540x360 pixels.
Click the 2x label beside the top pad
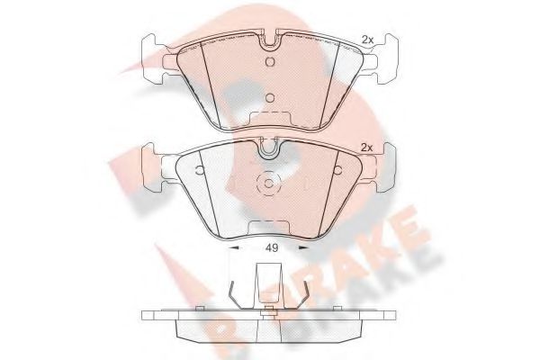(366, 38)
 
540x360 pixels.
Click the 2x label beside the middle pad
(366, 147)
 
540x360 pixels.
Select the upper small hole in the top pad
(270, 60)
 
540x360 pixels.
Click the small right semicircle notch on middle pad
(337, 168)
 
